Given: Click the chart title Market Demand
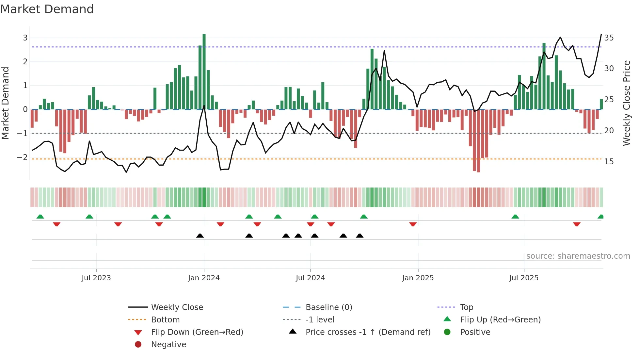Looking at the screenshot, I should coord(47,9).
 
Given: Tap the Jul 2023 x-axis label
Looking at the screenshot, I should coord(96,278).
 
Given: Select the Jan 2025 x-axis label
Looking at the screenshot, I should coord(418,278).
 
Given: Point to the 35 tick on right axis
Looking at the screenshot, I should coord(609,38).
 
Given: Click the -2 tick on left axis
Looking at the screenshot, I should coord(22,157).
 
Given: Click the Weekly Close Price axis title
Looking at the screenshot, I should coord(626,103).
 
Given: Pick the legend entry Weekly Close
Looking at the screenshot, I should coord(177,307).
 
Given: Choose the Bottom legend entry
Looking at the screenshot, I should coord(165,320).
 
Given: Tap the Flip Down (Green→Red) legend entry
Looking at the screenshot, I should coord(197,332).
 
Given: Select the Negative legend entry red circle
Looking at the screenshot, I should coord(138,345).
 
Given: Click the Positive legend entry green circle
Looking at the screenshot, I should coord(447,332).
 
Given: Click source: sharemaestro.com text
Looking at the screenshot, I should coord(578,256).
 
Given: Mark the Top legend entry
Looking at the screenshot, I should coord(466,307).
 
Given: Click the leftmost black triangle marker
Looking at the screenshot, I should coord(200,236).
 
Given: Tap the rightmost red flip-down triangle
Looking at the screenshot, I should coord(577,224).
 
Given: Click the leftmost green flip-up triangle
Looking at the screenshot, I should coord(40,217).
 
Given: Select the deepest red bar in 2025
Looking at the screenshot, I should coord(478,140).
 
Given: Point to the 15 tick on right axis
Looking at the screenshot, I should coord(609,162).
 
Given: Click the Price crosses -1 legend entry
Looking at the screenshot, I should coord(368,332).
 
